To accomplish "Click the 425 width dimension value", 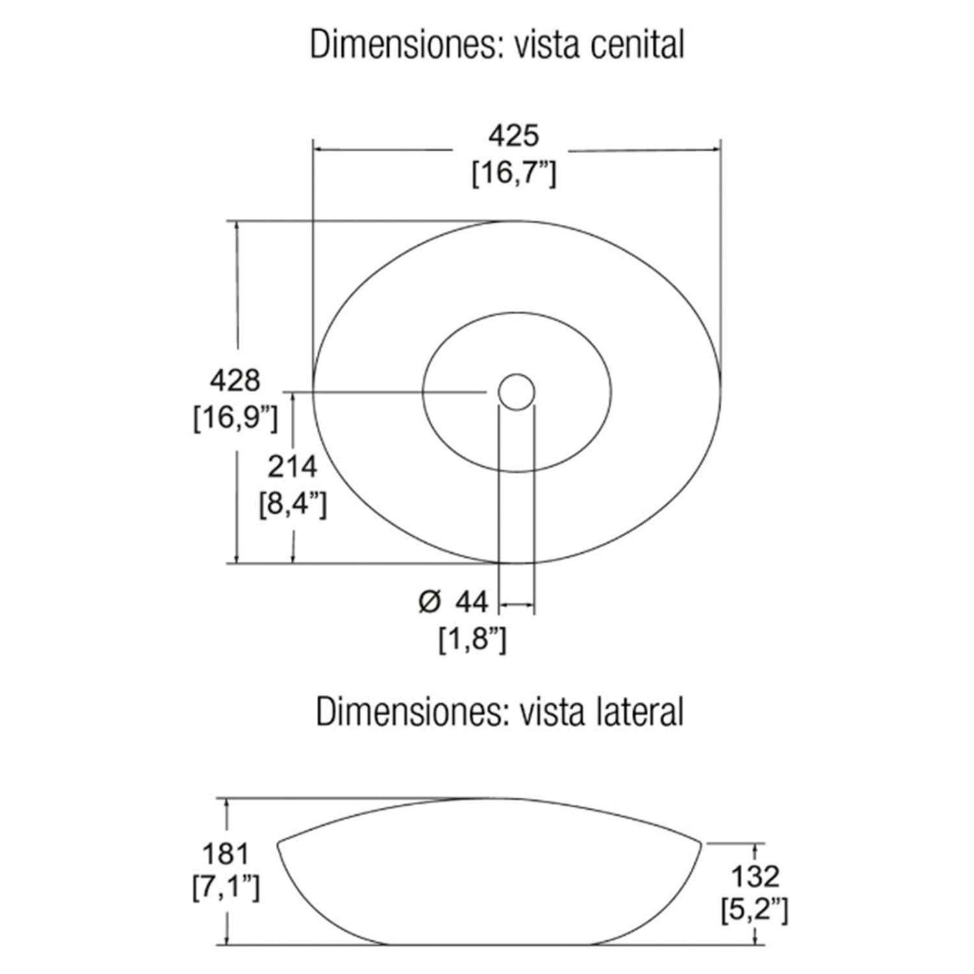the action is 514,136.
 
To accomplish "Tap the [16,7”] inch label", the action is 514,173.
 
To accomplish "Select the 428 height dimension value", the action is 235,380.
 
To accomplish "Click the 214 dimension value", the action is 292,467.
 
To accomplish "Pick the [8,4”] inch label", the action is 293,505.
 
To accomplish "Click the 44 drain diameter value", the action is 471,602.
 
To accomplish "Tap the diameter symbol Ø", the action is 430,602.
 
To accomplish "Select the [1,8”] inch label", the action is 473,640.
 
